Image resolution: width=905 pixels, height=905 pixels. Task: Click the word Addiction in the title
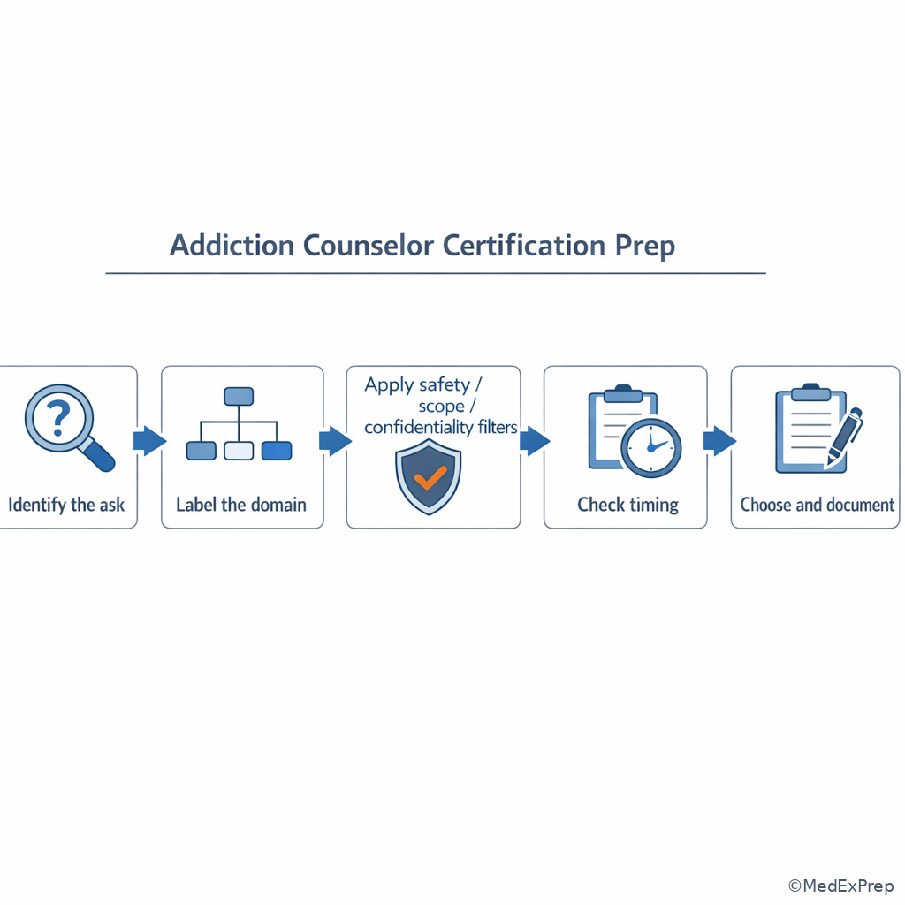coord(232,246)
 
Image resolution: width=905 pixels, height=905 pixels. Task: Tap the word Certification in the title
coord(523,246)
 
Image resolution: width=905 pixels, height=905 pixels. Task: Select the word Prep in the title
coord(644,247)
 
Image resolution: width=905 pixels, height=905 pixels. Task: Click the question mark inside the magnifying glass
coord(57,418)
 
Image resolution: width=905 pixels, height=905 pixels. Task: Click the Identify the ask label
coord(66,505)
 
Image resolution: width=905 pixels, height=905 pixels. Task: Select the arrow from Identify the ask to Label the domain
coord(149,441)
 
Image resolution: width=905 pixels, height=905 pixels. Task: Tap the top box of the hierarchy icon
coord(239,397)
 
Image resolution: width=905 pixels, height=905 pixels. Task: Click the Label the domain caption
coord(241,505)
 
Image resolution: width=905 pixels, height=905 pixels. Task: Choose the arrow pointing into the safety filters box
coord(335,441)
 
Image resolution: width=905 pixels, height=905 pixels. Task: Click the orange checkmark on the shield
coord(430,477)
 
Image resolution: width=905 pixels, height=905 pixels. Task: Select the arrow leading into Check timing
coord(535,441)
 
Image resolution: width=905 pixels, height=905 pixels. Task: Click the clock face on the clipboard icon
coord(651,448)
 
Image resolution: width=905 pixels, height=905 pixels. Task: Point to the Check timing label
coord(628,505)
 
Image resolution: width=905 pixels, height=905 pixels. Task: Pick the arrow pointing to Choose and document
coord(719,441)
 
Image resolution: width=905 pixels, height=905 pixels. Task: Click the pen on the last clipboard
coord(845,437)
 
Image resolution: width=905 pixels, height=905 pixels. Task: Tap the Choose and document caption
coord(818,505)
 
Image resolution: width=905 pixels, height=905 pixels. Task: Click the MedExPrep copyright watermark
coord(841,886)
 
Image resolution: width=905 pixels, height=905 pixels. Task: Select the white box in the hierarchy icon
coord(239,451)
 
